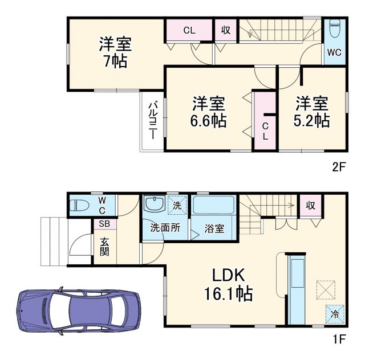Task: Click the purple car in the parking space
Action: point(79,310)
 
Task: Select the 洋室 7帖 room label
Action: point(115,53)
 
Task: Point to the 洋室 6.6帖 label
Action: point(209,112)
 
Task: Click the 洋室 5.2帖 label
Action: point(312,112)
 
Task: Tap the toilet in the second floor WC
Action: point(335,29)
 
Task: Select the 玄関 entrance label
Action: point(105,246)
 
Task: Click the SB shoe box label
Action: point(105,223)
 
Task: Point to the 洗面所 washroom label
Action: point(165,227)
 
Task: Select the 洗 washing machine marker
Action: point(177,205)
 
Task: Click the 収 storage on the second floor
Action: point(226,30)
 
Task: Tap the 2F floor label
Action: point(339,167)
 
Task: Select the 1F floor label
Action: point(339,340)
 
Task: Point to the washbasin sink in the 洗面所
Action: point(153,204)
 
